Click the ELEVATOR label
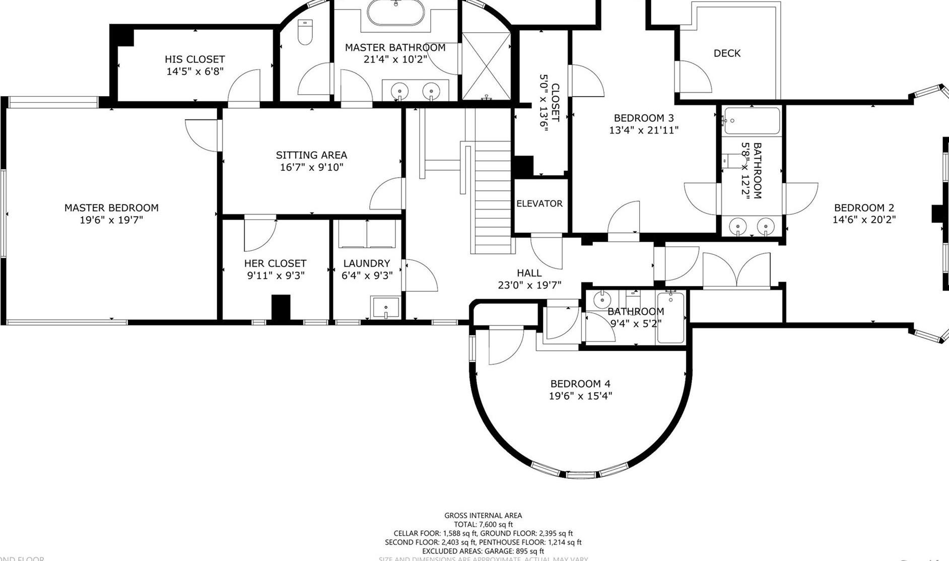pos(539,203)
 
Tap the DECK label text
pos(727,53)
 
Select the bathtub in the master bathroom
pos(395,13)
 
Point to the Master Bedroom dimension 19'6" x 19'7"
pos(111,220)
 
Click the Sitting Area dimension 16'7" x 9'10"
pos(311,167)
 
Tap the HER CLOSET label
pos(275,263)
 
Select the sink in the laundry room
pos(385,308)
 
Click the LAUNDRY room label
pos(366,263)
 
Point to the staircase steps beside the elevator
pos(493,196)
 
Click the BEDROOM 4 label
pos(580,384)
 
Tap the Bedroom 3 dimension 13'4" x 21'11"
pos(644,130)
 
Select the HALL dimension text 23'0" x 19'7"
pos(529,286)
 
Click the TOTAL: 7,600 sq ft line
pos(483,524)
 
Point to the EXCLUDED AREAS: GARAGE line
pos(483,551)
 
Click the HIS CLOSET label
pos(194,59)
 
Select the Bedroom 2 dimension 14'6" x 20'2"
pos(864,220)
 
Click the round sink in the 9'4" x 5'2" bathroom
pos(602,300)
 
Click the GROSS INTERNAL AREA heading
pos(483,515)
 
